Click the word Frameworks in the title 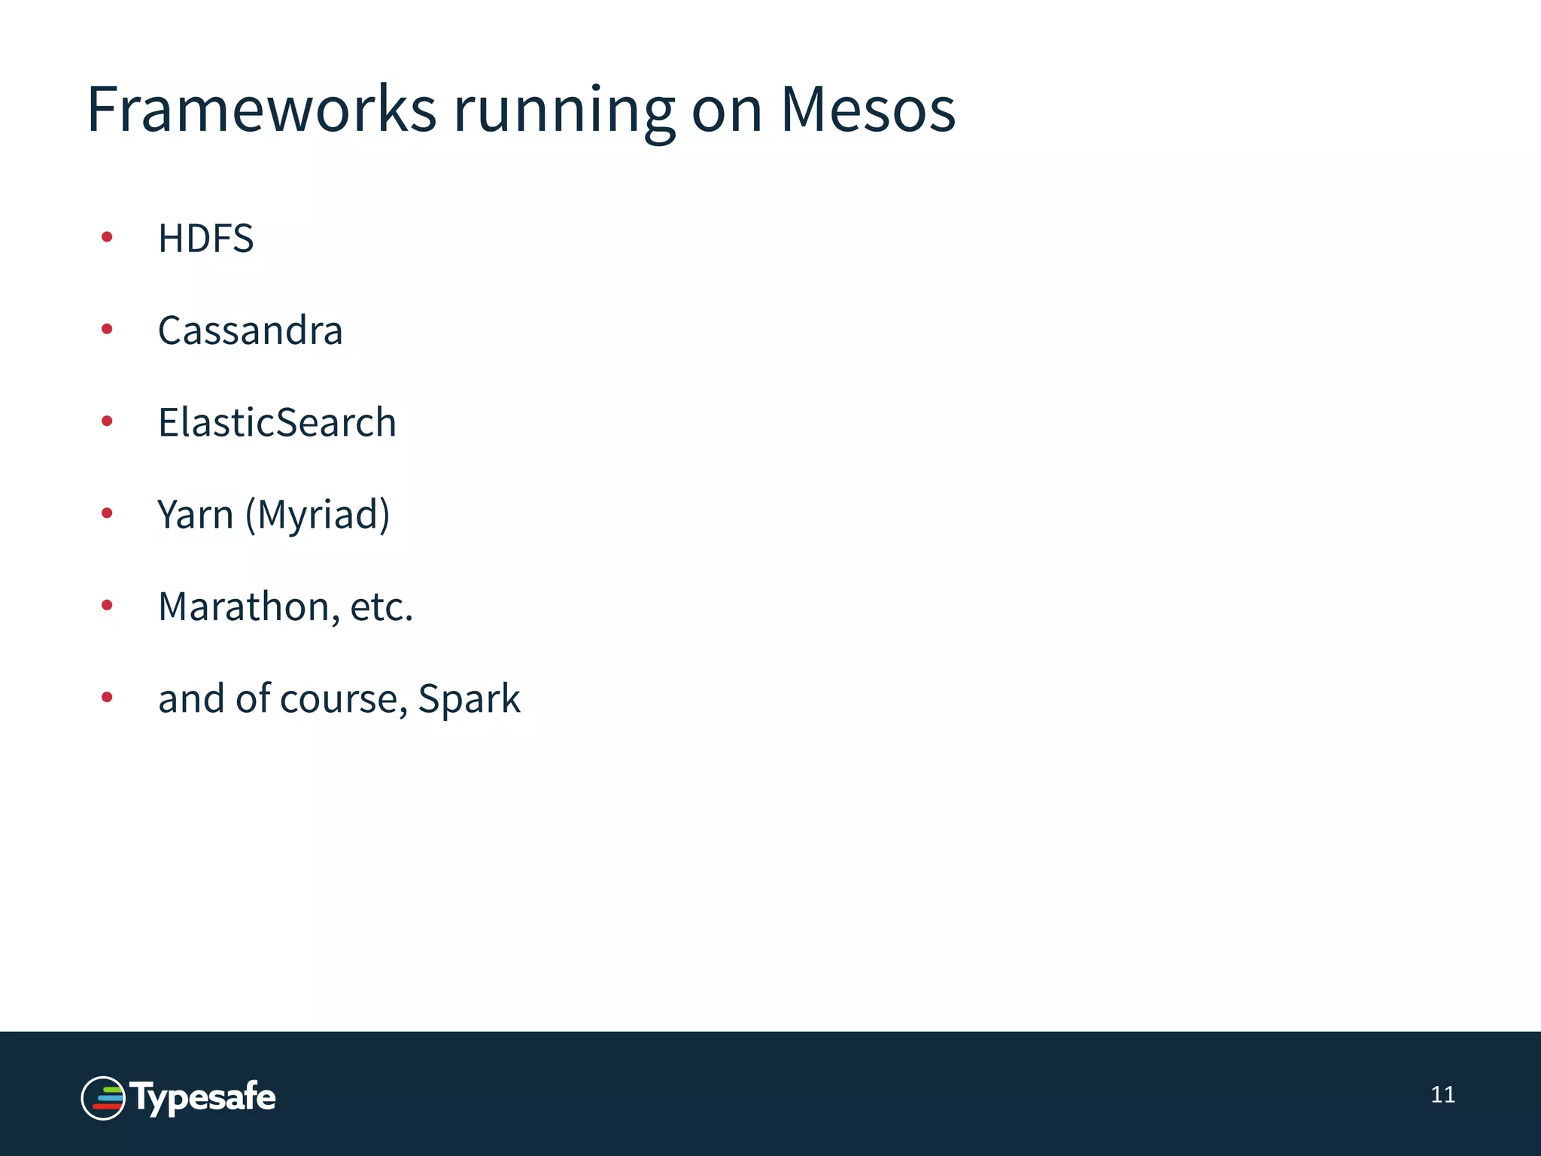coord(261,110)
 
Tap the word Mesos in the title coord(868,110)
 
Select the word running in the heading coord(564,113)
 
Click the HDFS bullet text coord(205,239)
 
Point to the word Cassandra coord(250,330)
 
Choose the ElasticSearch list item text coord(277,422)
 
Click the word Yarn coord(196,515)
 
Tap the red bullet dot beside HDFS coord(107,238)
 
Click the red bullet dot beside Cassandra coord(107,329)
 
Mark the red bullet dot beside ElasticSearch coord(107,421)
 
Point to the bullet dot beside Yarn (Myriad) coord(107,513)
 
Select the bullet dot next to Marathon coord(107,605)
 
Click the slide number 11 coord(1442,1094)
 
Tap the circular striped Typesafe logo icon coord(103,1098)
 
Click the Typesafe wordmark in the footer coord(203,1098)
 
